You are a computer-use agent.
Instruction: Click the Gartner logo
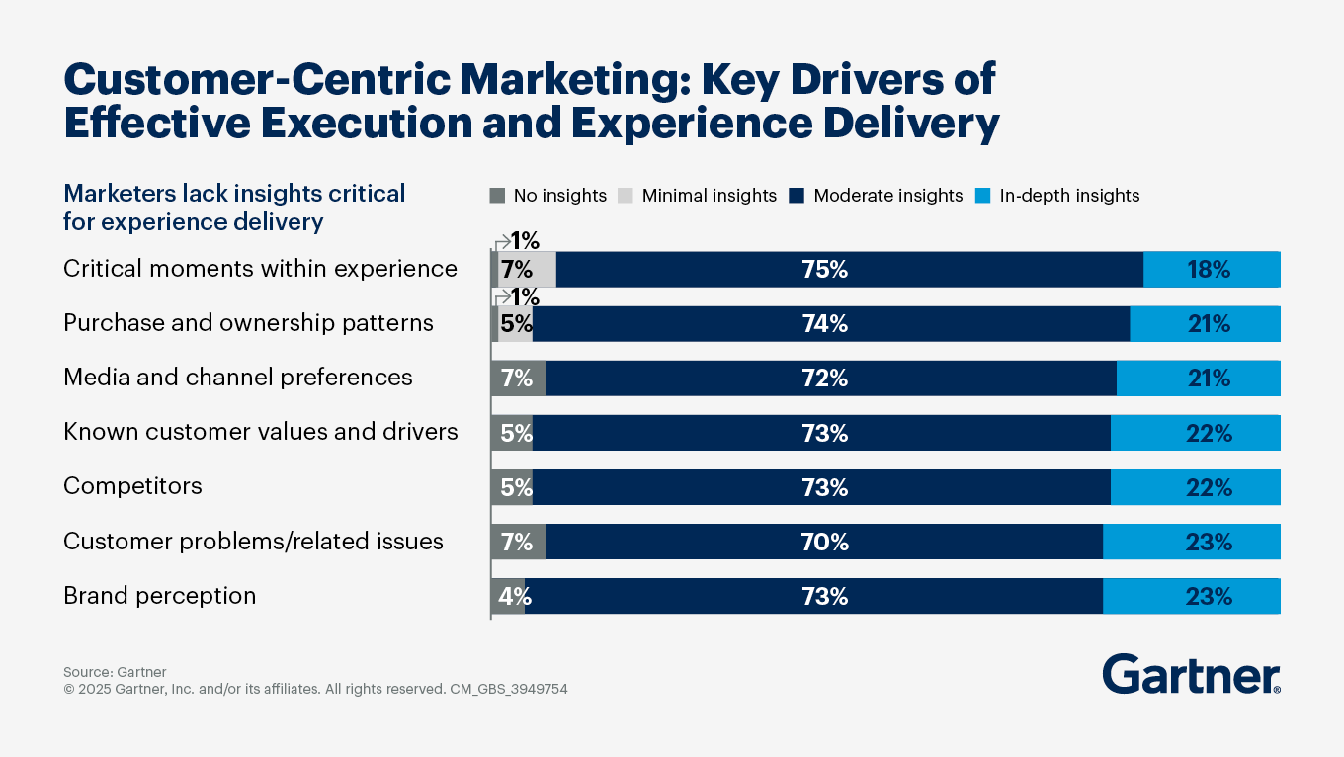[x=1191, y=674]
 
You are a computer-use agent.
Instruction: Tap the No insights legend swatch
[x=497, y=196]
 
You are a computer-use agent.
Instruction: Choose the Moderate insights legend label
[x=887, y=196]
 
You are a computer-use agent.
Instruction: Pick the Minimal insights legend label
[x=710, y=196]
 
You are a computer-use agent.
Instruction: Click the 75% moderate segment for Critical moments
[x=850, y=270]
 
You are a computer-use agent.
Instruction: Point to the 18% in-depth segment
[x=1212, y=270]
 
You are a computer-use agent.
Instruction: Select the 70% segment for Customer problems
[x=824, y=542]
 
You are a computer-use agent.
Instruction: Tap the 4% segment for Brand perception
[x=509, y=596]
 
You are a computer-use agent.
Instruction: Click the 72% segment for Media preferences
[x=831, y=378]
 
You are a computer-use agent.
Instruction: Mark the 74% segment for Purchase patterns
[x=831, y=324]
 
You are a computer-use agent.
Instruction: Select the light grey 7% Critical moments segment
[x=527, y=270]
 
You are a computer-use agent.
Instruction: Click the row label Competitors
[x=132, y=486]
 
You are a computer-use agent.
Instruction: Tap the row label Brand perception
[x=159, y=596]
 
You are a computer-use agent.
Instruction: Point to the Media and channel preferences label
[x=237, y=378]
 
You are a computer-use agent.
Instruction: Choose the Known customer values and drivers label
[x=260, y=432]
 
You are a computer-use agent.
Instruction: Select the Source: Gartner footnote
[x=115, y=672]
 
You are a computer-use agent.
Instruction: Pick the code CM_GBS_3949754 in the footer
[x=508, y=689]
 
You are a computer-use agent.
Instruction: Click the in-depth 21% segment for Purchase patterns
[x=1205, y=324]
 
